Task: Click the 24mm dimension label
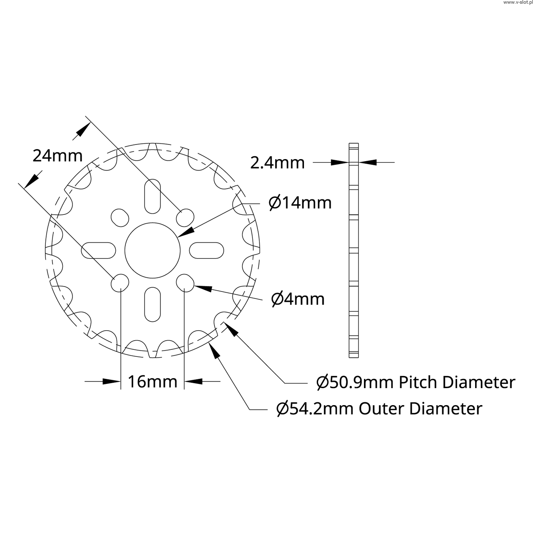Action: point(57,156)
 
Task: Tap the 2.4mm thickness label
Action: point(277,163)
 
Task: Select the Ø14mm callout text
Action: point(300,203)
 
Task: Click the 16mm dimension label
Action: point(152,382)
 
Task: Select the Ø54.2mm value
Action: point(315,408)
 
